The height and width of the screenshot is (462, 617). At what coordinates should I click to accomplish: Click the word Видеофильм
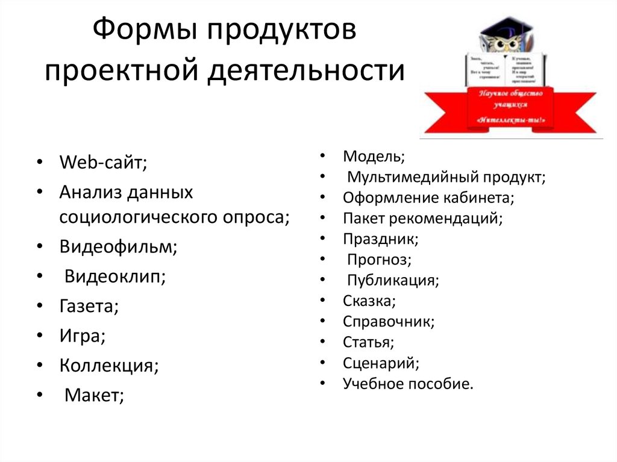[118, 248]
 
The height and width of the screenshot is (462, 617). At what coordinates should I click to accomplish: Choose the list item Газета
[89, 306]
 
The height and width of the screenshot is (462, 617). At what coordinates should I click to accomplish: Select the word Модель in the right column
[374, 157]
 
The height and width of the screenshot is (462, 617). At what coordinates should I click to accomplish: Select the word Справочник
[389, 322]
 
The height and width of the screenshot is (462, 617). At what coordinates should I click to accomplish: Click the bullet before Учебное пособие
[324, 382]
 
